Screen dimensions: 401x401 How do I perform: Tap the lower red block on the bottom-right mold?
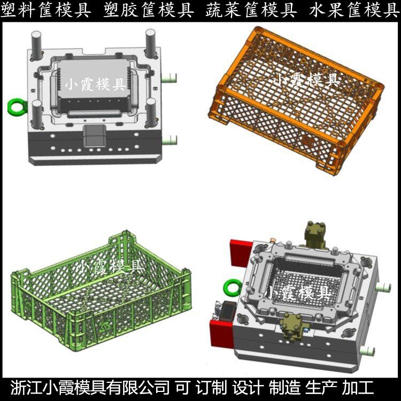tap(221, 334)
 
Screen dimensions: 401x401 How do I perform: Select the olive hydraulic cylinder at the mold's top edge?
tap(315, 235)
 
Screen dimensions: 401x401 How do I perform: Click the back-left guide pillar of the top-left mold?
tap(36, 44)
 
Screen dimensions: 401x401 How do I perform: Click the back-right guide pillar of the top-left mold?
tap(150, 43)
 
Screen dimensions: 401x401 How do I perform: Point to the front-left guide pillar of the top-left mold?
tap(37, 114)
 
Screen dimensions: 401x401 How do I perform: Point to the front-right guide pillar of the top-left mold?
tap(151, 112)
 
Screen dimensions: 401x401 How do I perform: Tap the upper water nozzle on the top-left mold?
tap(169, 78)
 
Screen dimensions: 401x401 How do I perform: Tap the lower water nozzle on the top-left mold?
tap(169, 140)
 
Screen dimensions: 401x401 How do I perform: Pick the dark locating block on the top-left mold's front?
tap(95, 136)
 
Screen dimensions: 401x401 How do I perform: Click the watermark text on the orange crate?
tap(306, 80)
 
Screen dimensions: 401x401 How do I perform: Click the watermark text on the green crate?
tap(111, 267)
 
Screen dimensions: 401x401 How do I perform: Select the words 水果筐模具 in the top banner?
tap(354, 10)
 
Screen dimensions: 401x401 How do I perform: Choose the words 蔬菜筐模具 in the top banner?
tap(251, 10)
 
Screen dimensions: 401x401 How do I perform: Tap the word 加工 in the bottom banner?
tap(358, 388)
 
